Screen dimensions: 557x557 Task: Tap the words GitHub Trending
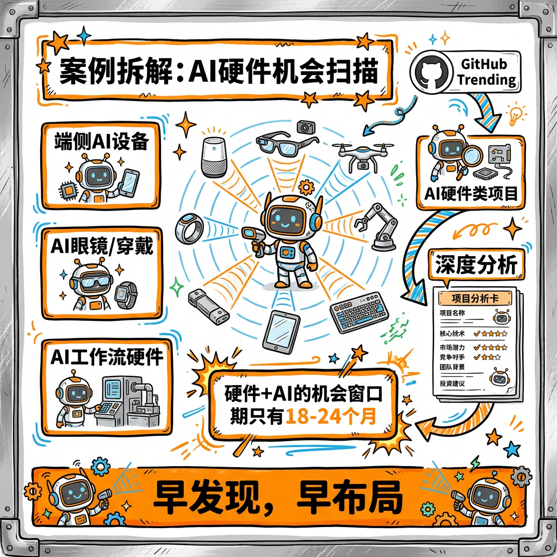[486, 72]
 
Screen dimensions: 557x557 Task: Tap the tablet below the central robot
[281, 332]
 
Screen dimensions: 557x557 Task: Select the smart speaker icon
[214, 157]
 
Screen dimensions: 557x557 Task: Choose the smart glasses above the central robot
[286, 142]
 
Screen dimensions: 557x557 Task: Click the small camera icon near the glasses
[306, 127]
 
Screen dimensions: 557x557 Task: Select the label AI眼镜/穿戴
[102, 249]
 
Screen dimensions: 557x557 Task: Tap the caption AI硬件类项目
[472, 194]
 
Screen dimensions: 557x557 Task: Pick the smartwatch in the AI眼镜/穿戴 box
[127, 294]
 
